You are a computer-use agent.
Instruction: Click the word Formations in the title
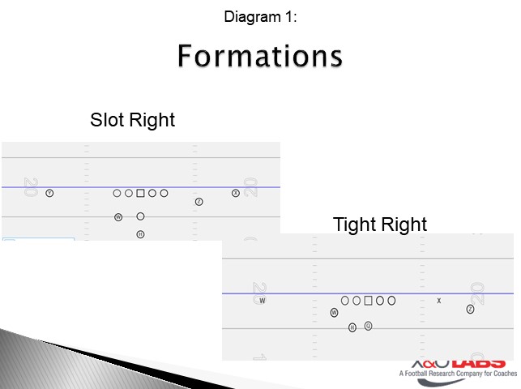[260, 57]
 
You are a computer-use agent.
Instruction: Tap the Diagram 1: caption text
[260, 15]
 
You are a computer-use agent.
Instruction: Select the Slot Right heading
[132, 120]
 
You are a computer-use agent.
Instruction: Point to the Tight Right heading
[379, 224]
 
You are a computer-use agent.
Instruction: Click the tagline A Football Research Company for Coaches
[457, 374]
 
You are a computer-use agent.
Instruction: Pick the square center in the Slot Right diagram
[140, 193]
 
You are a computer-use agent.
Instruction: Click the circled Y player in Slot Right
[49, 193]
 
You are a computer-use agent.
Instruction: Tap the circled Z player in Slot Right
[199, 201]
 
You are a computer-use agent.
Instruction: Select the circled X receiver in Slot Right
[236, 193]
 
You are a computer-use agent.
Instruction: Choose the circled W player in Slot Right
[118, 217]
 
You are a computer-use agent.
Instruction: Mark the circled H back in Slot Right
[140, 234]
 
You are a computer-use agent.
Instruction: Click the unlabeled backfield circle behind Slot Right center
[140, 216]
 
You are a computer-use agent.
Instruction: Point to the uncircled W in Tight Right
[263, 301]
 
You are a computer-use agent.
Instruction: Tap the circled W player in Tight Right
[334, 312]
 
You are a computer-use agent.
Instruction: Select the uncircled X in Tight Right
[439, 301]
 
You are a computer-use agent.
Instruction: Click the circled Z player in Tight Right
[470, 309]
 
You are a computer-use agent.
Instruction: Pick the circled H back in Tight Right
[352, 327]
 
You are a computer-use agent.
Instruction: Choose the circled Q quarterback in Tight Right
[368, 326]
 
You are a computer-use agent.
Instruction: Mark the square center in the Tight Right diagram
[368, 300]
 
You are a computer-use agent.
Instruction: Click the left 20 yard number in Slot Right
[31, 188]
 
